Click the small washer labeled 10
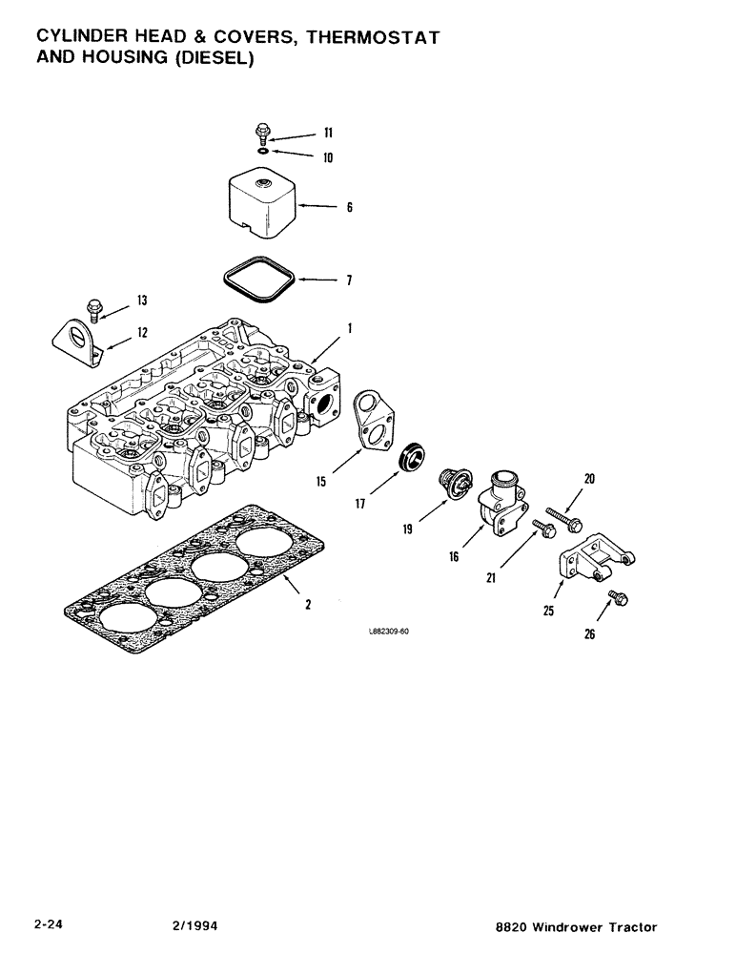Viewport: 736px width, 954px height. [x=262, y=150]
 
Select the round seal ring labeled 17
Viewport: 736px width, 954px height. [x=412, y=454]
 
